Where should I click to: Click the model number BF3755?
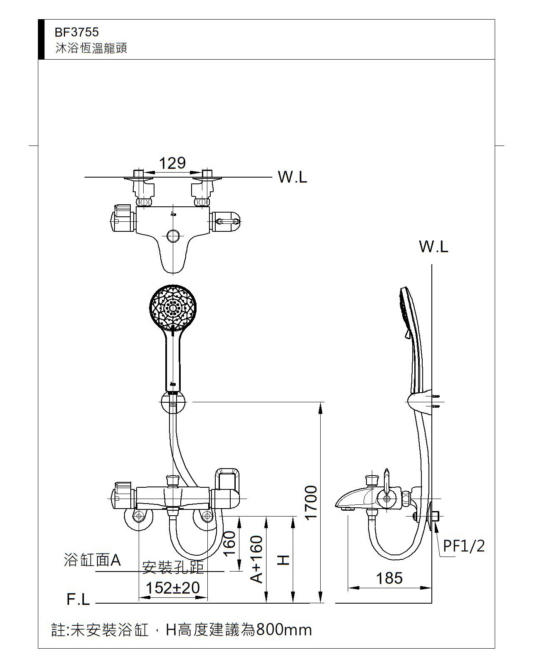[x=77, y=32]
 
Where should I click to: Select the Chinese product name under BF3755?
[x=91, y=48]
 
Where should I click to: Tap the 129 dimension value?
[x=172, y=163]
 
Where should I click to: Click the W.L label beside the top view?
[x=292, y=177]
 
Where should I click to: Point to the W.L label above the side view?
[x=433, y=247]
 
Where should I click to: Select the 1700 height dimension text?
[x=312, y=502]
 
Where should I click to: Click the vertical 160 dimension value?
[x=229, y=543]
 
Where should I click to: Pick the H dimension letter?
[x=284, y=559]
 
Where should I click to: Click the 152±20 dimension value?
[x=173, y=588]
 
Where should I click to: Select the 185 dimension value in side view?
[x=389, y=578]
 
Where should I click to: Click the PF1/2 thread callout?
[x=464, y=546]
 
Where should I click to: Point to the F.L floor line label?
[x=78, y=599]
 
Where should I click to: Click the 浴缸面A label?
[x=92, y=560]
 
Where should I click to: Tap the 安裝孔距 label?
[x=173, y=567]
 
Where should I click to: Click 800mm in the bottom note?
[x=284, y=629]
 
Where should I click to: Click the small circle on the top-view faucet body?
[x=172, y=236]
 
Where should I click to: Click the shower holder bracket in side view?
[x=421, y=402]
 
